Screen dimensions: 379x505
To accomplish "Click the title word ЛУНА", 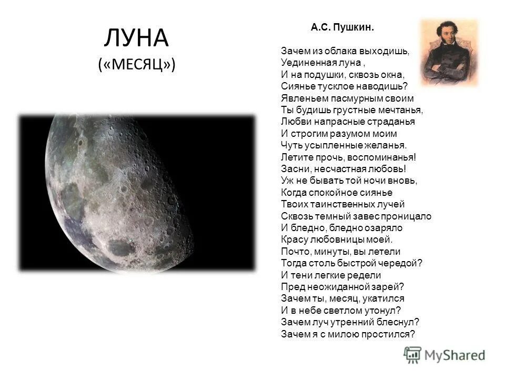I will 136,38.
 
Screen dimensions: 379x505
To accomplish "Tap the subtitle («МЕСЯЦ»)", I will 136,65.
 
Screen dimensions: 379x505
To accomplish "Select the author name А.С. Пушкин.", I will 342,27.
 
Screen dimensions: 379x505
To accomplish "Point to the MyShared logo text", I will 455,355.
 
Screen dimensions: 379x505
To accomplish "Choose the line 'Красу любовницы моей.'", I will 329,240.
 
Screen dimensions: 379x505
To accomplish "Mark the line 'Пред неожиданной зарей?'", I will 342,287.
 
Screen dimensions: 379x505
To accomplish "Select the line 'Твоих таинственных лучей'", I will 342,204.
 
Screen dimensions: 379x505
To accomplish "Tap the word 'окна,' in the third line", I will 392,75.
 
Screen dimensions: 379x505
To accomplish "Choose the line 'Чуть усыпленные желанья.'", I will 344,145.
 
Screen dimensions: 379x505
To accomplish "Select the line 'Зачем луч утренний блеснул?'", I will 350,322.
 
